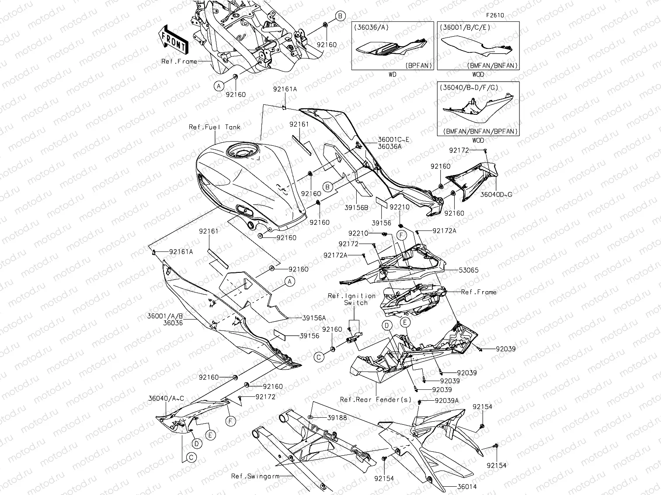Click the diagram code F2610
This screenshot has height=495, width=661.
click(x=494, y=15)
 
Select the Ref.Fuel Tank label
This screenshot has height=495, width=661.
click(x=214, y=127)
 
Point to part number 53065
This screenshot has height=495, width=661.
click(x=469, y=270)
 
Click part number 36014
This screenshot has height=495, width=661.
click(x=467, y=487)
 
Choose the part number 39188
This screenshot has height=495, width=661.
click(x=337, y=418)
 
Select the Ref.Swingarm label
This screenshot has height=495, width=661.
click(x=255, y=476)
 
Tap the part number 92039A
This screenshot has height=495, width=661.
click(x=447, y=401)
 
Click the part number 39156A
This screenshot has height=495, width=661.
click(x=314, y=318)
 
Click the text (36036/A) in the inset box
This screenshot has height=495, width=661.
click(x=372, y=27)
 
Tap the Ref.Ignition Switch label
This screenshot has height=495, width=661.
click(x=351, y=299)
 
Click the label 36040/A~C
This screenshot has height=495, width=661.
click(x=166, y=398)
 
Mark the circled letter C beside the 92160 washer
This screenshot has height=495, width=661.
click(x=319, y=357)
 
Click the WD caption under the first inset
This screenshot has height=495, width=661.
click(x=392, y=75)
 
